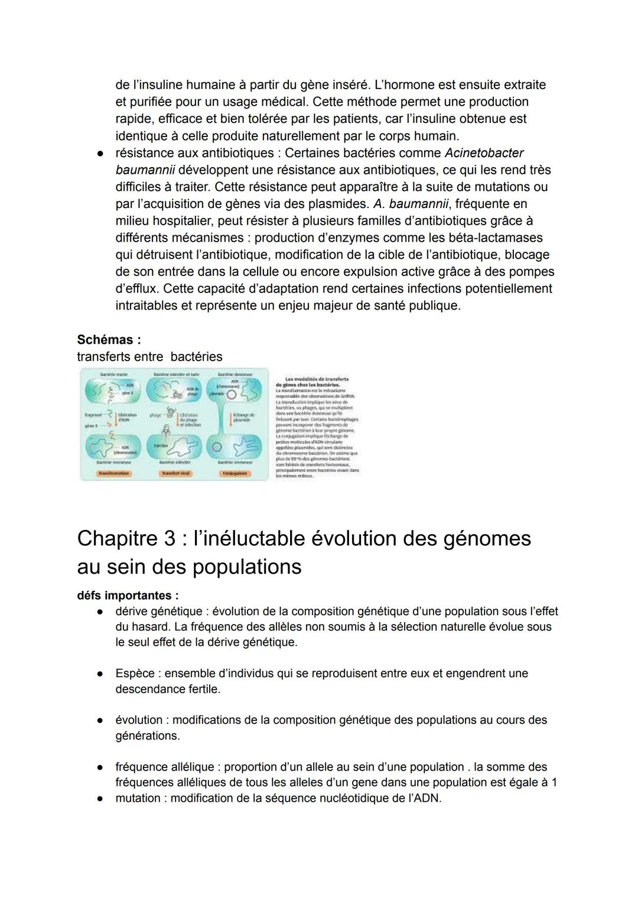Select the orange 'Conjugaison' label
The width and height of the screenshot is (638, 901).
(236, 473)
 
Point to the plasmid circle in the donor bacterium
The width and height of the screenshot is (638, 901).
(232, 394)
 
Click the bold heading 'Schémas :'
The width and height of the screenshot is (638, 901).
(109, 340)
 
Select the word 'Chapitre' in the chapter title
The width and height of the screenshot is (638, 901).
(118, 538)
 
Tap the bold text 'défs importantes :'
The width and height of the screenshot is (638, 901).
(128, 596)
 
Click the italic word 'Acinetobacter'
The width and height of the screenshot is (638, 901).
(484, 153)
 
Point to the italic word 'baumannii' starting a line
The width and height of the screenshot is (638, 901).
(145, 170)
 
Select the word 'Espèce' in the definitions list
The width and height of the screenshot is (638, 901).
(135, 674)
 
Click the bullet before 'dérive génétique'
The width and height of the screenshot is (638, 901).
(102, 611)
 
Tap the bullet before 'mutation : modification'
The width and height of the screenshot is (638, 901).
(102, 798)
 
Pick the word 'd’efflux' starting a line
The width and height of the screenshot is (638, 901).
(137, 289)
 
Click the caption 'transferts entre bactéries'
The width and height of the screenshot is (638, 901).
(149, 357)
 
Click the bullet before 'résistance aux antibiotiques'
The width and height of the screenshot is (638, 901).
(102, 153)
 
